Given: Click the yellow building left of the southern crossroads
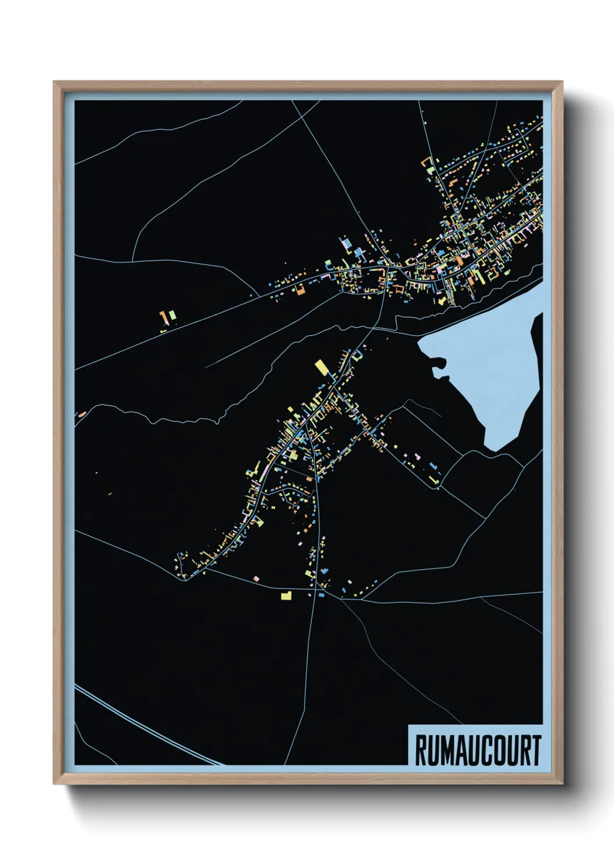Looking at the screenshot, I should pos(286,595).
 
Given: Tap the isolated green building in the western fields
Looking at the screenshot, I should pos(172,315).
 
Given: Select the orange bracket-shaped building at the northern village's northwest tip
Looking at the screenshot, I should pos(429,160).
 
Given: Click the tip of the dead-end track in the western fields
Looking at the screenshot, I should pos(206,367).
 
